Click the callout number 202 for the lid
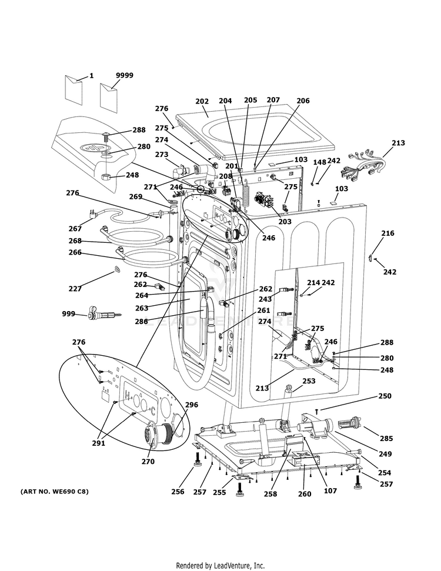click(202, 101)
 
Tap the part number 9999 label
click(124, 75)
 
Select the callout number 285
click(386, 438)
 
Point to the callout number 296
click(192, 405)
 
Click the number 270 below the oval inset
click(148, 462)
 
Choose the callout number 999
click(69, 314)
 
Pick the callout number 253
click(309, 381)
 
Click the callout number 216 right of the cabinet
click(387, 233)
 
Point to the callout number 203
click(285, 222)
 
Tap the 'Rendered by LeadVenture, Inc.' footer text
click(220, 566)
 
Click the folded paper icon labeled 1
click(76, 86)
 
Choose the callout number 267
click(75, 229)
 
